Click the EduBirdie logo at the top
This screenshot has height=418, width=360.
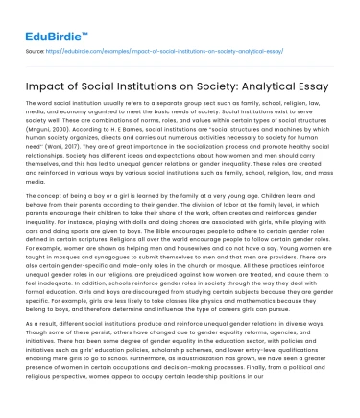44,18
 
